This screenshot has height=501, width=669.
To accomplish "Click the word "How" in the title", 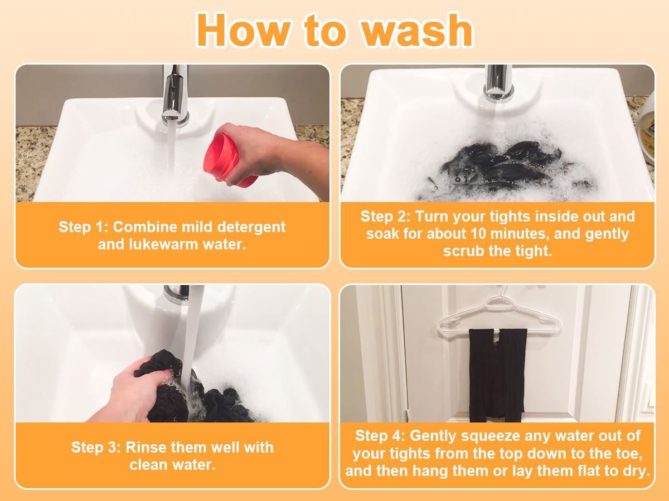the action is click(243, 30).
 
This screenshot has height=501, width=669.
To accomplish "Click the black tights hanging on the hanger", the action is click(497, 375).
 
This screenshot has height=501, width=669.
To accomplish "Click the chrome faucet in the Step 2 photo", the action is click(498, 83).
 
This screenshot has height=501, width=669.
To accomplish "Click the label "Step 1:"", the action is click(83, 228).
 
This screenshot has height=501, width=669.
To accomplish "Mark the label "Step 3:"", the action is click(96, 448).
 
